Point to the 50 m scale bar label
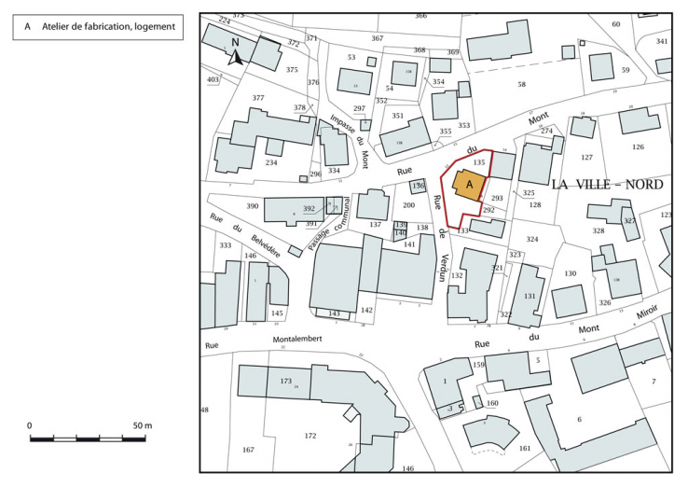[x=141, y=425]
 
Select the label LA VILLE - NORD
[x=607, y=185]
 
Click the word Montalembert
[x=297, y=340]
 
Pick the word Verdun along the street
[x=445, y=267]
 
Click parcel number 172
[x=310, y=436]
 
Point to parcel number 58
[x=522, y=85]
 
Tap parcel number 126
[x=638, y=147]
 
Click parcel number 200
[x=408, y=205]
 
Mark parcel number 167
[x=248, y=451]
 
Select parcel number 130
[x=571, y=273]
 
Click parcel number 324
[x=532, y=240]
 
